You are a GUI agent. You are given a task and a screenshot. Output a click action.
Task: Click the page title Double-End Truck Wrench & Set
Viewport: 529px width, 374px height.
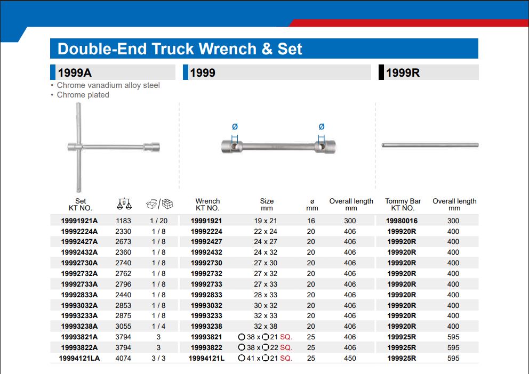pyautogui.click(x=180, y=49)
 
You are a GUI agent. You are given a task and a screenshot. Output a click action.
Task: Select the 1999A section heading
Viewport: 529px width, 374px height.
pyautogui.click(x=75, y=72)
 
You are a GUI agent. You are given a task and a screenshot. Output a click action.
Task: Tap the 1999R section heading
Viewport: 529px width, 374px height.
pyautogui.click(x=403, y=72)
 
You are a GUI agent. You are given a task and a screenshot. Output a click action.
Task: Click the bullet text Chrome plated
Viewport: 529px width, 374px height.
pyautogui.click(x=83, y=95)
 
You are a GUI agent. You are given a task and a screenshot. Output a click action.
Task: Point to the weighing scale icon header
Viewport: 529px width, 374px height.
pyautogui.click(x=124, y=204)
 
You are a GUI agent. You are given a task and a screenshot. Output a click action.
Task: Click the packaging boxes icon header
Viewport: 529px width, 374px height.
pyautogui.click(x=159, y=204)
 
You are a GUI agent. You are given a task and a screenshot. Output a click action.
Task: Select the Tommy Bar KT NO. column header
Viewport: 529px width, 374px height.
pyautogui.click(x=403, y=205)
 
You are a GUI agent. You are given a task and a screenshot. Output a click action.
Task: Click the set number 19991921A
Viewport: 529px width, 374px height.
pyautogui.click(x=79, y=221)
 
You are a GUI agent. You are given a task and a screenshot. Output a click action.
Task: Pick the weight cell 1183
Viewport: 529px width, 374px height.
pyautogui.click(x=123, y=221)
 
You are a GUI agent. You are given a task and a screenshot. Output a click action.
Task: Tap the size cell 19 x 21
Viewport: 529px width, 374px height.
pyautogui.click(x=266, y=221)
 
